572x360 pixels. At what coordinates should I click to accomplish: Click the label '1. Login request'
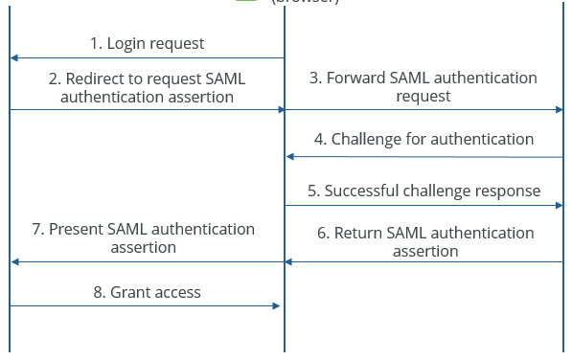(x=147, y=43)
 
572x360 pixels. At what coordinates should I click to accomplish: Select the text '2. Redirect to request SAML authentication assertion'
(x=146, y=87)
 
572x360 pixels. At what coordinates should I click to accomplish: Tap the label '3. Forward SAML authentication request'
(x=423, y=87)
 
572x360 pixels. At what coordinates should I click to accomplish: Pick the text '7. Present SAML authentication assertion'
(x=146, y=237)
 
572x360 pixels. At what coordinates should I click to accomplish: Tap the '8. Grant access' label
(x=147, y=292)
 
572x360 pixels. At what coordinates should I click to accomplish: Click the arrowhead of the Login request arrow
(x=14, y=58)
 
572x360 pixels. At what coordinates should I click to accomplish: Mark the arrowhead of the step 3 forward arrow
(x=558, y=110)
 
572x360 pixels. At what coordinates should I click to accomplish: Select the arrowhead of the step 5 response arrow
(x=558, y=205)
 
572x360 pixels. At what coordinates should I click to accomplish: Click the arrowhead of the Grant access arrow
(x=276, y=306)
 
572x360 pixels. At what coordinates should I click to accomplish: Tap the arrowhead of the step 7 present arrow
(x=14, y=261)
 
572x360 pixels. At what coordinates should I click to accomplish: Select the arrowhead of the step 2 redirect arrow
(x=281, y=110)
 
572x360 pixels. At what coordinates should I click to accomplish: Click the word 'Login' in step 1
(x=126, y=43)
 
